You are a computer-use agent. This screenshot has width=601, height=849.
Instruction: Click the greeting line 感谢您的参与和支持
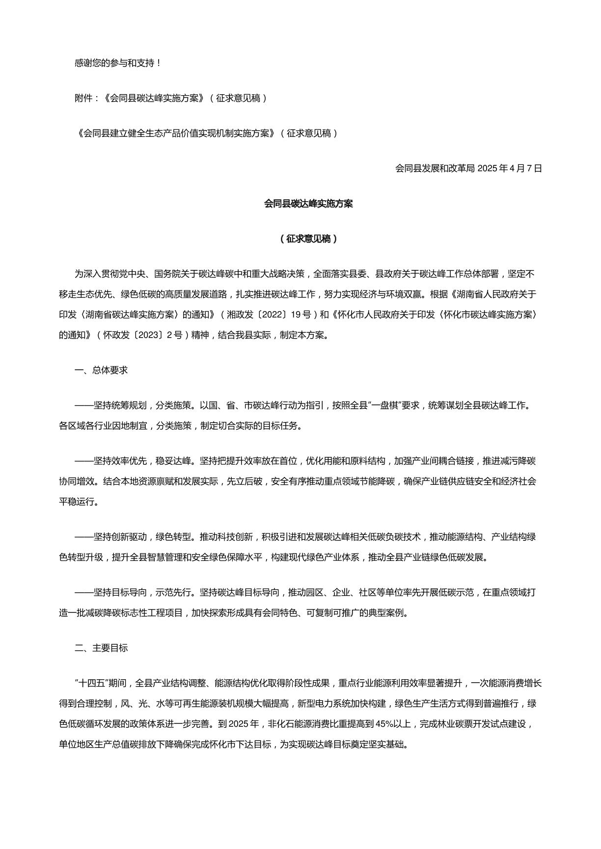[118, 63]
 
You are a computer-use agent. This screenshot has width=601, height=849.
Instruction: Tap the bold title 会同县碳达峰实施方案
[308, 204]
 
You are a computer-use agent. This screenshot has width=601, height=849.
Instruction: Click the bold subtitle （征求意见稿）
[308, 239]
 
